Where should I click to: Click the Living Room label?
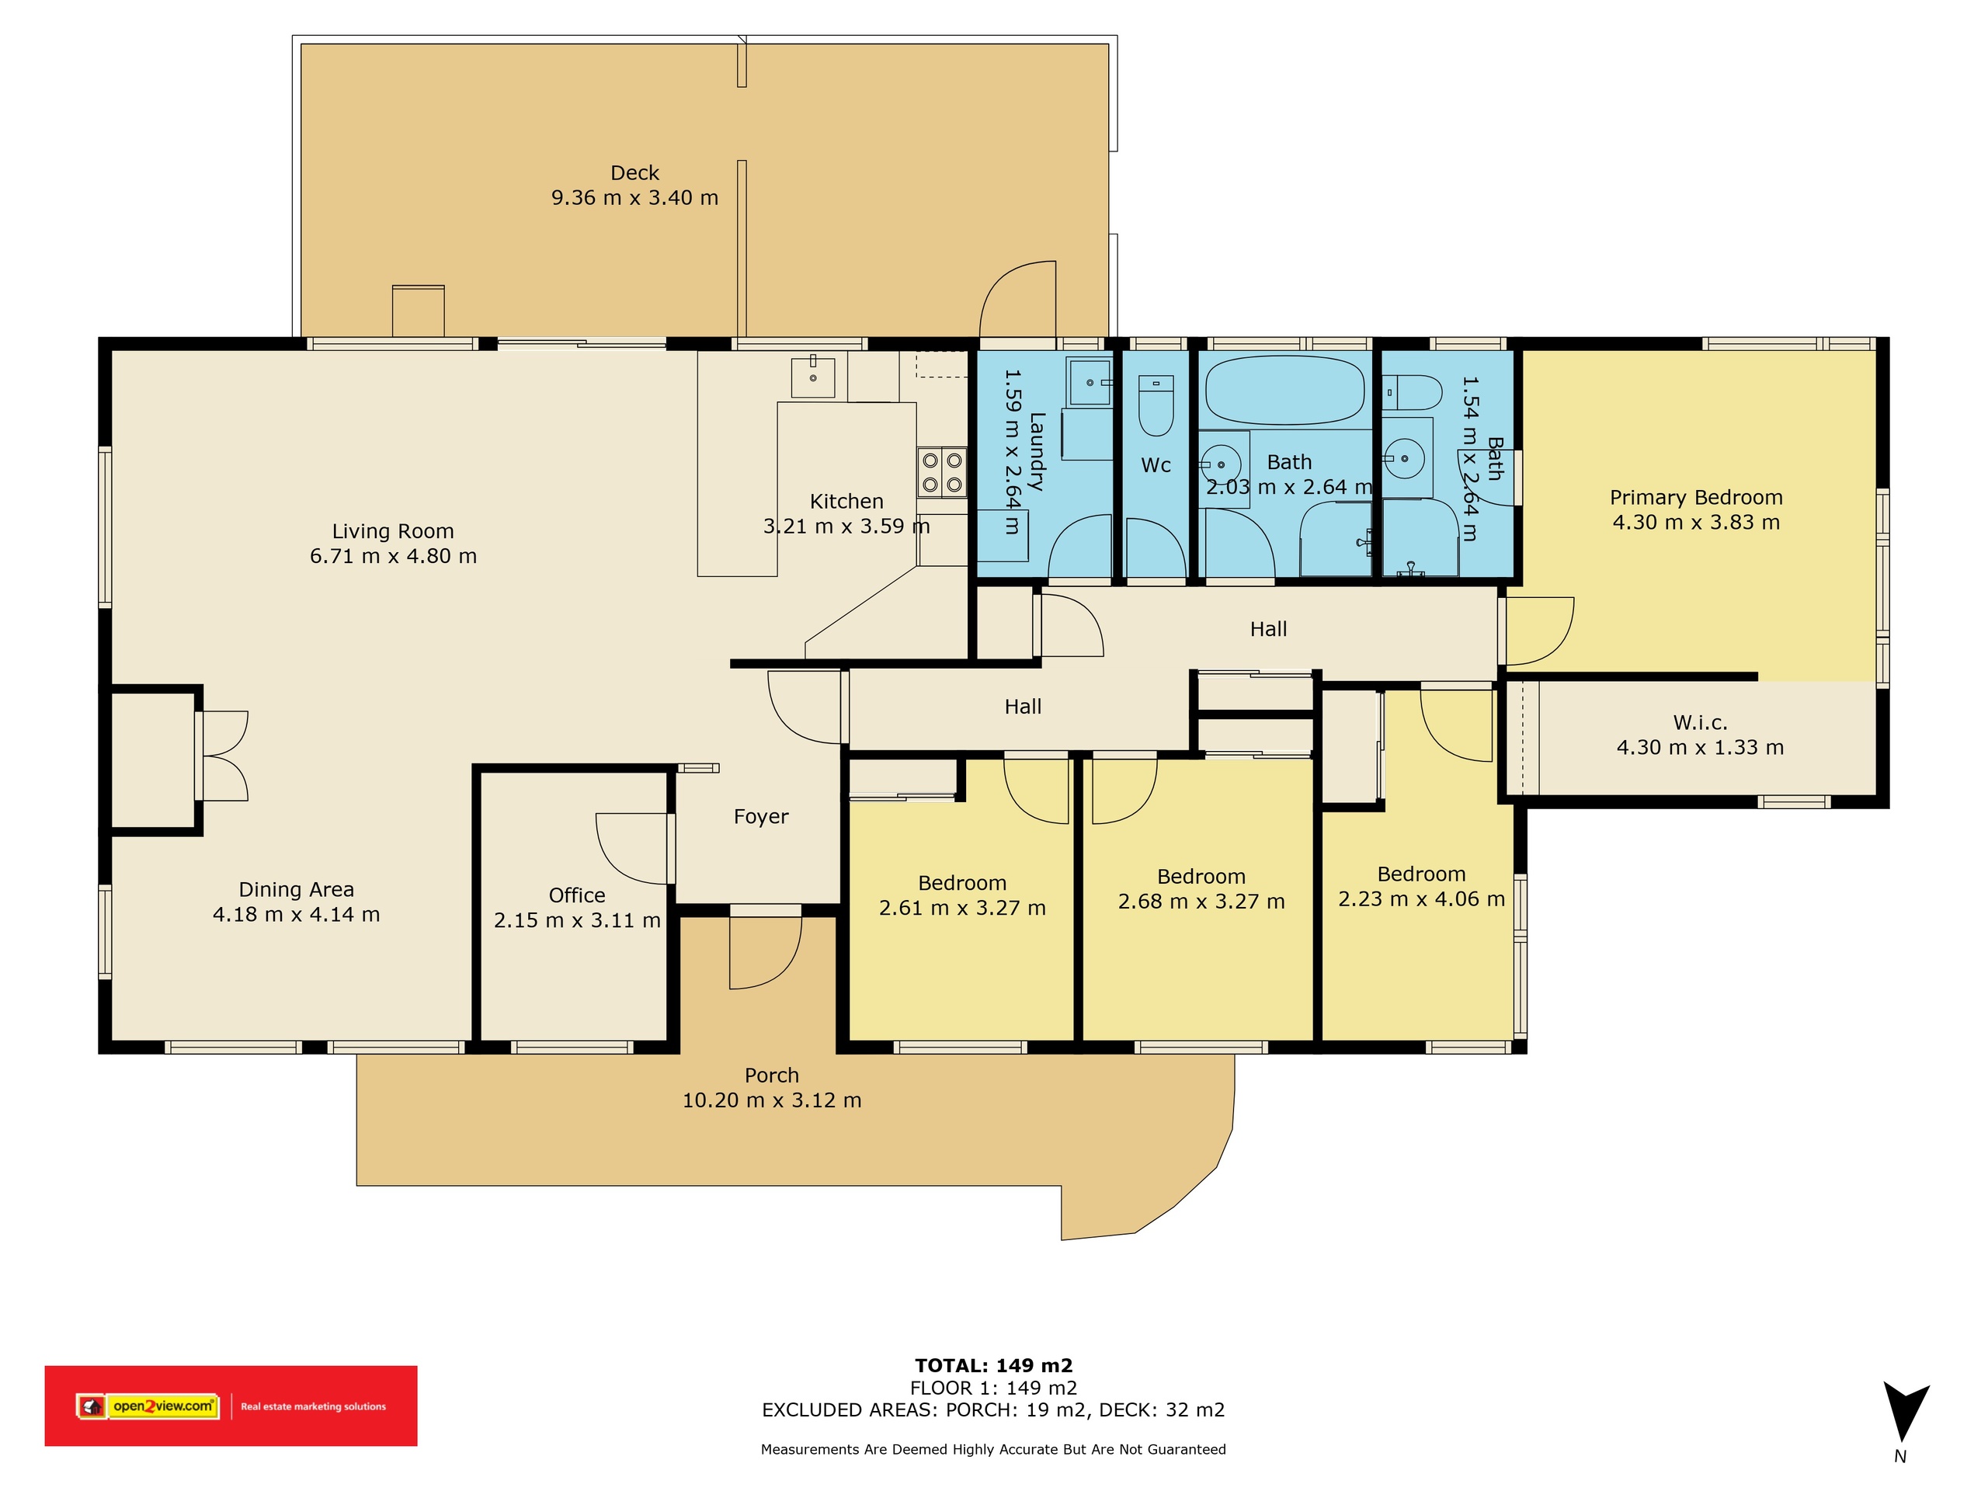(393, 531)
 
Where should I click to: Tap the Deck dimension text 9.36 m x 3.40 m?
(634, 198)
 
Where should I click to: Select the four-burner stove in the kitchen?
(942, 473)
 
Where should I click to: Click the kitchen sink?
(812, 377)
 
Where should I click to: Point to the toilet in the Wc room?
(1156, 405)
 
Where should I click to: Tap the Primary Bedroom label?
(1696, 497)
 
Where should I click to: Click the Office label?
(577, 895)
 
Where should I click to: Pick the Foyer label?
(761, 817)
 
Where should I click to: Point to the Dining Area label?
(296, 890)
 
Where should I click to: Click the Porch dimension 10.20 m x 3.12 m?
(772, 1100)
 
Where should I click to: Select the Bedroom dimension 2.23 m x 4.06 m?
(1422, 898)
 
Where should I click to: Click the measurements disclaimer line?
(993, 1449)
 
